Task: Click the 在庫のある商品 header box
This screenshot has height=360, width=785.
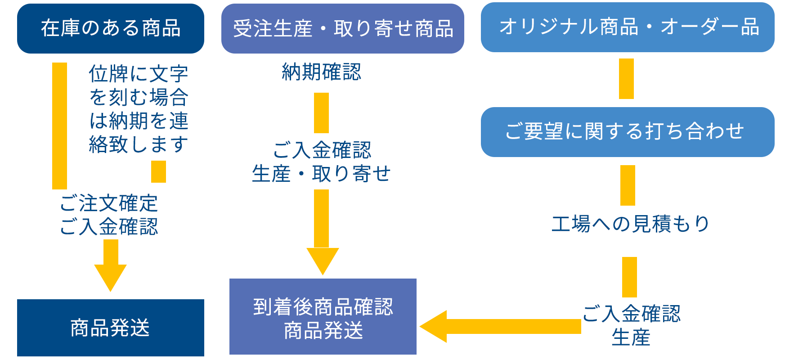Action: tap(111, 29)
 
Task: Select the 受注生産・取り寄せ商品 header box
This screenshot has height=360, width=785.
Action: tap(343, 29)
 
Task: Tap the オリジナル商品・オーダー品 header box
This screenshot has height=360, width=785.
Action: tap(628, 27)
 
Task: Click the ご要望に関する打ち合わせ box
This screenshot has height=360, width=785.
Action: tap(628, 132)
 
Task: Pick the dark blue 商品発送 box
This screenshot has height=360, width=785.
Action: tap(111, 328)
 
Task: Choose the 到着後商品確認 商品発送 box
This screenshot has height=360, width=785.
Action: tap(323, 317)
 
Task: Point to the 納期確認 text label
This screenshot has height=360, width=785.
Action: tap(321, 72)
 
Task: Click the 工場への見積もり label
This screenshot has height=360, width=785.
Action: tap(630, 224)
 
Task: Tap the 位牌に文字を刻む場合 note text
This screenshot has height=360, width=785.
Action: tap(139, 85)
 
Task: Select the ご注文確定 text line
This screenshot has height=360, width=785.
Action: tap(109, 203)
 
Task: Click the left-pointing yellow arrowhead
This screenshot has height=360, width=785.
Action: tap(433, 326)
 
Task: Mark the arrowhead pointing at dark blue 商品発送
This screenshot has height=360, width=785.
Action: tap(110, 278)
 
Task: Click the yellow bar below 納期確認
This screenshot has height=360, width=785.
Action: tap(321, 113)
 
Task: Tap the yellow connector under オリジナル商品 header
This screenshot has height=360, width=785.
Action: tap(626, 79)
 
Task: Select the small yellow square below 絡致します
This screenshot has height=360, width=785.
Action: tap(158, 171)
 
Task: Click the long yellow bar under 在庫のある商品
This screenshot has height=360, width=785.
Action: tap(59, 126)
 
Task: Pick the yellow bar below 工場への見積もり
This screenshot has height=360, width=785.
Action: tap(629, 277)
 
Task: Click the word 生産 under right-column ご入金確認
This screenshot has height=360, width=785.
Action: tap(631, 337)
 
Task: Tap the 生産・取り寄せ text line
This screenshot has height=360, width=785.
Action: tap(321, 174)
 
